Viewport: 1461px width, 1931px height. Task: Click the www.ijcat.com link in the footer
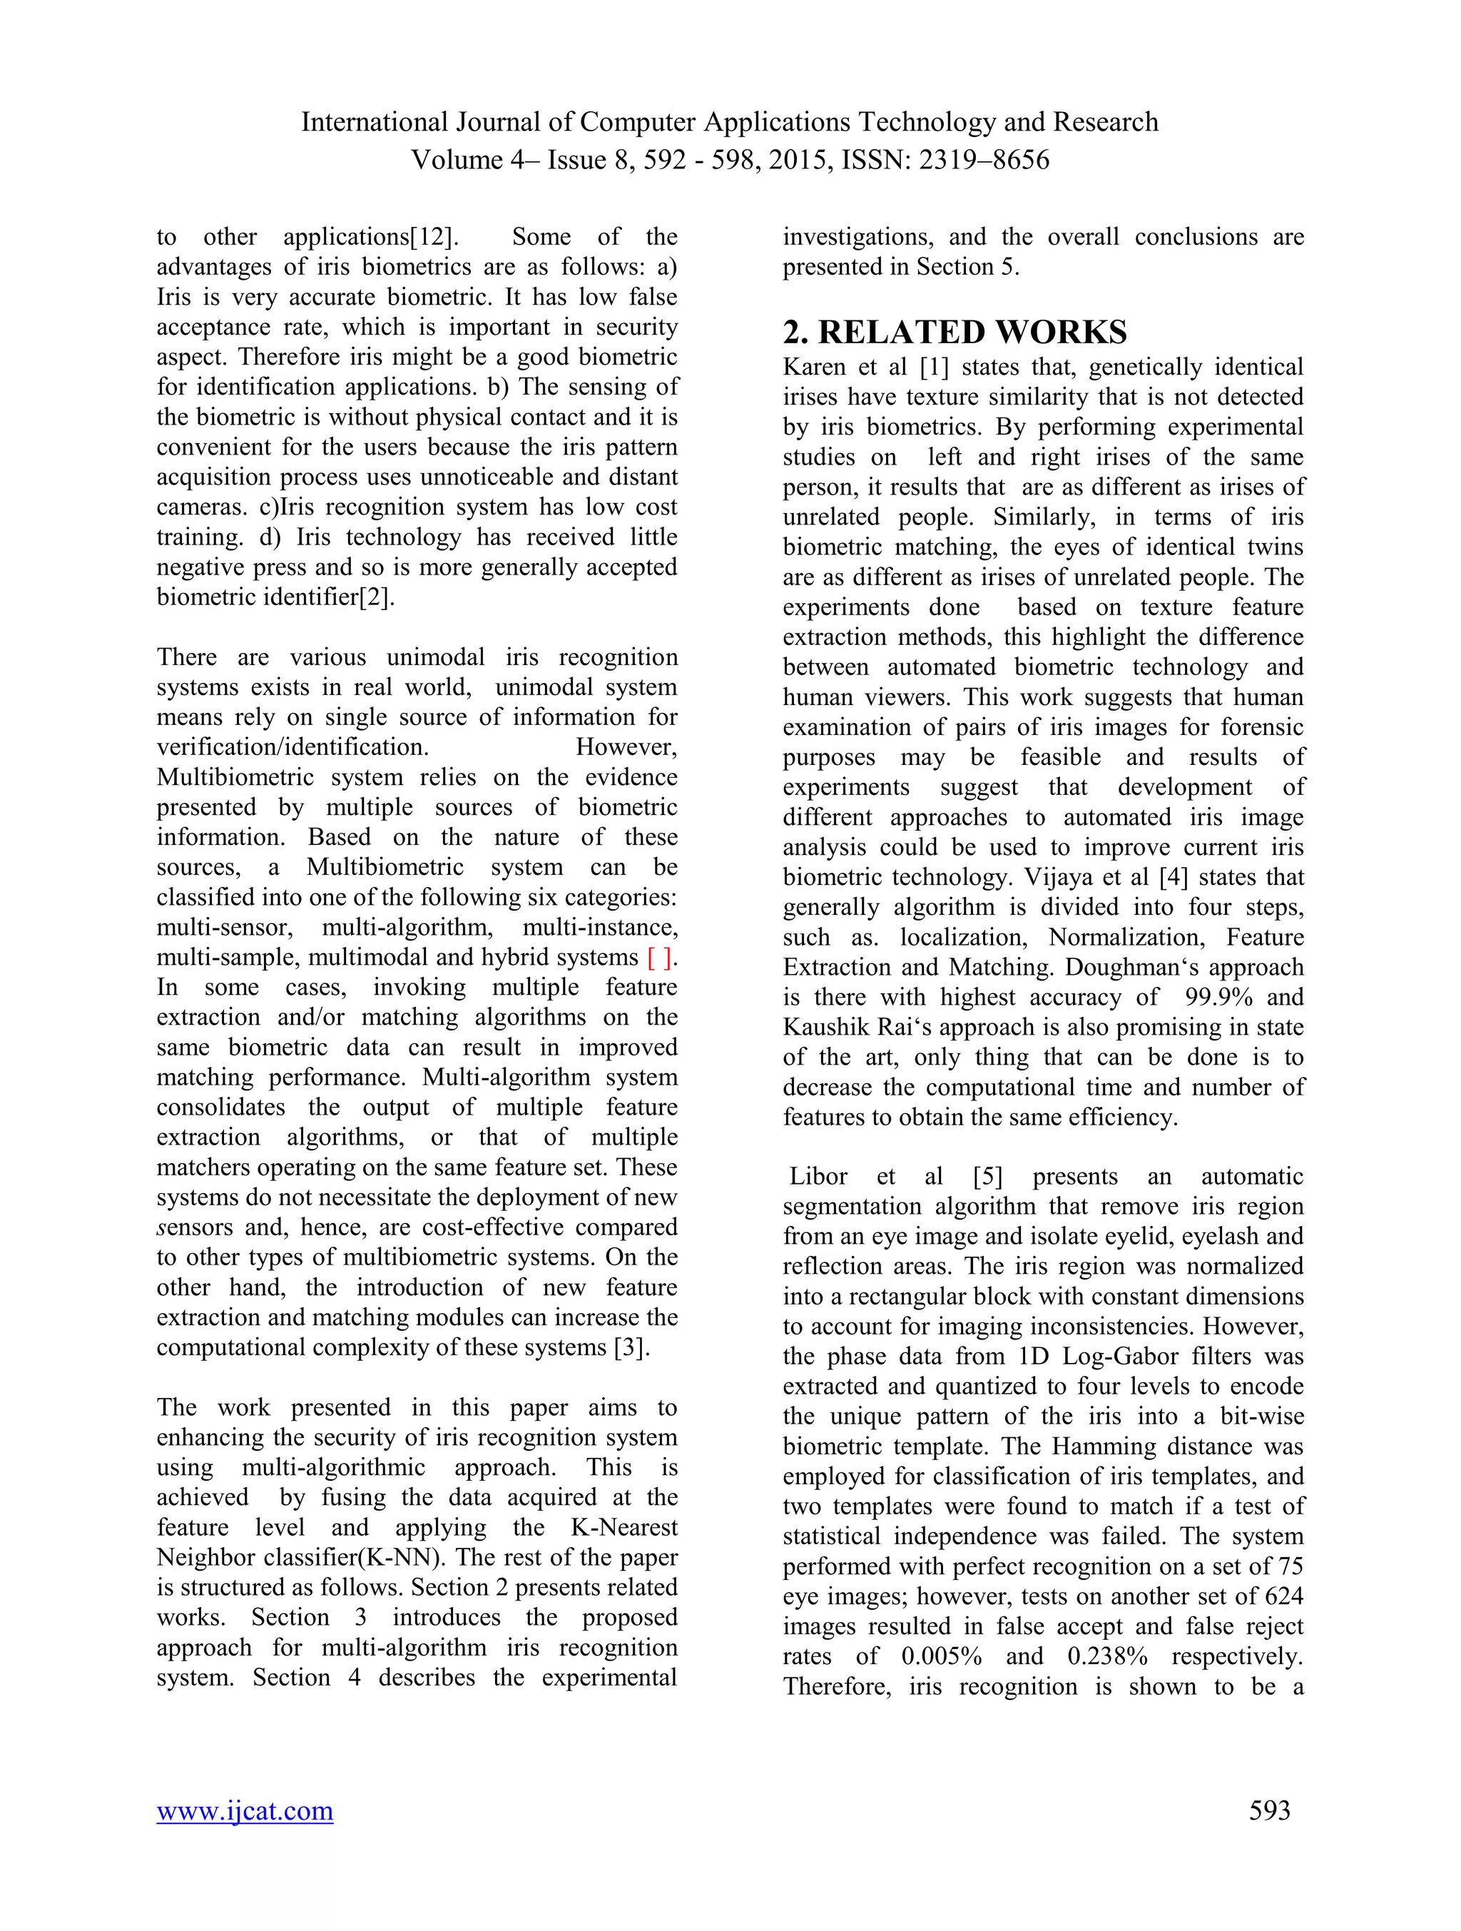click(245, 1810)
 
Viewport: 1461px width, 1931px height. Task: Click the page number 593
click(1269, 1810)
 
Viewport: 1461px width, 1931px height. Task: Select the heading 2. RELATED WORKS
click(955, 333)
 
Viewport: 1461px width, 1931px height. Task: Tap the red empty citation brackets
click(660, 958)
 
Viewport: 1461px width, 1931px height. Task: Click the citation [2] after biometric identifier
click(376, 598)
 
